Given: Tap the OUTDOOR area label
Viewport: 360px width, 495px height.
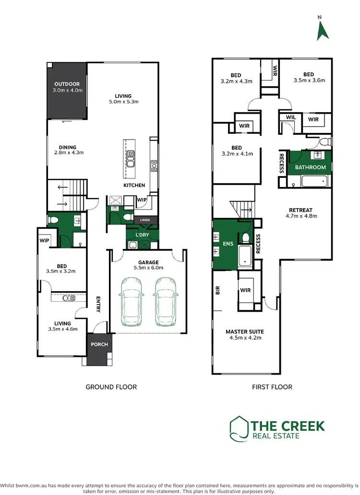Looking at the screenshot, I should [x=67, y=84].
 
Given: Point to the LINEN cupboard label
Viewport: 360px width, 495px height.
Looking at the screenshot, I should [x=145, y=220].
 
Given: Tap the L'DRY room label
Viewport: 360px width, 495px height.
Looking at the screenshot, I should [x=142, y=235].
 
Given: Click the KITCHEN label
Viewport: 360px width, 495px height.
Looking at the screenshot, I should [x=134, y=185].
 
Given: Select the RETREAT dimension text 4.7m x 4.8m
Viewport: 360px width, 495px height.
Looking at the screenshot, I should [x=301, y=216].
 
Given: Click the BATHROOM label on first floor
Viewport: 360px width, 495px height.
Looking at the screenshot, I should [x=310, y=167].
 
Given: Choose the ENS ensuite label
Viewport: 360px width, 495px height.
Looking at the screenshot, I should [x=228, y=244].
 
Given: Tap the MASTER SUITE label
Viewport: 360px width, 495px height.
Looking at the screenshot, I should [x=245, y=331].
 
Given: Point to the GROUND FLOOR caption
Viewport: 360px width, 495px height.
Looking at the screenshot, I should [x=111, y=387].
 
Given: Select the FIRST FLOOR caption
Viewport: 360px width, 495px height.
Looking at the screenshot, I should [x=272, y=387].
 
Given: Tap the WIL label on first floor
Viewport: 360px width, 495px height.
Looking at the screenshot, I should [x=290, y=117].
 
